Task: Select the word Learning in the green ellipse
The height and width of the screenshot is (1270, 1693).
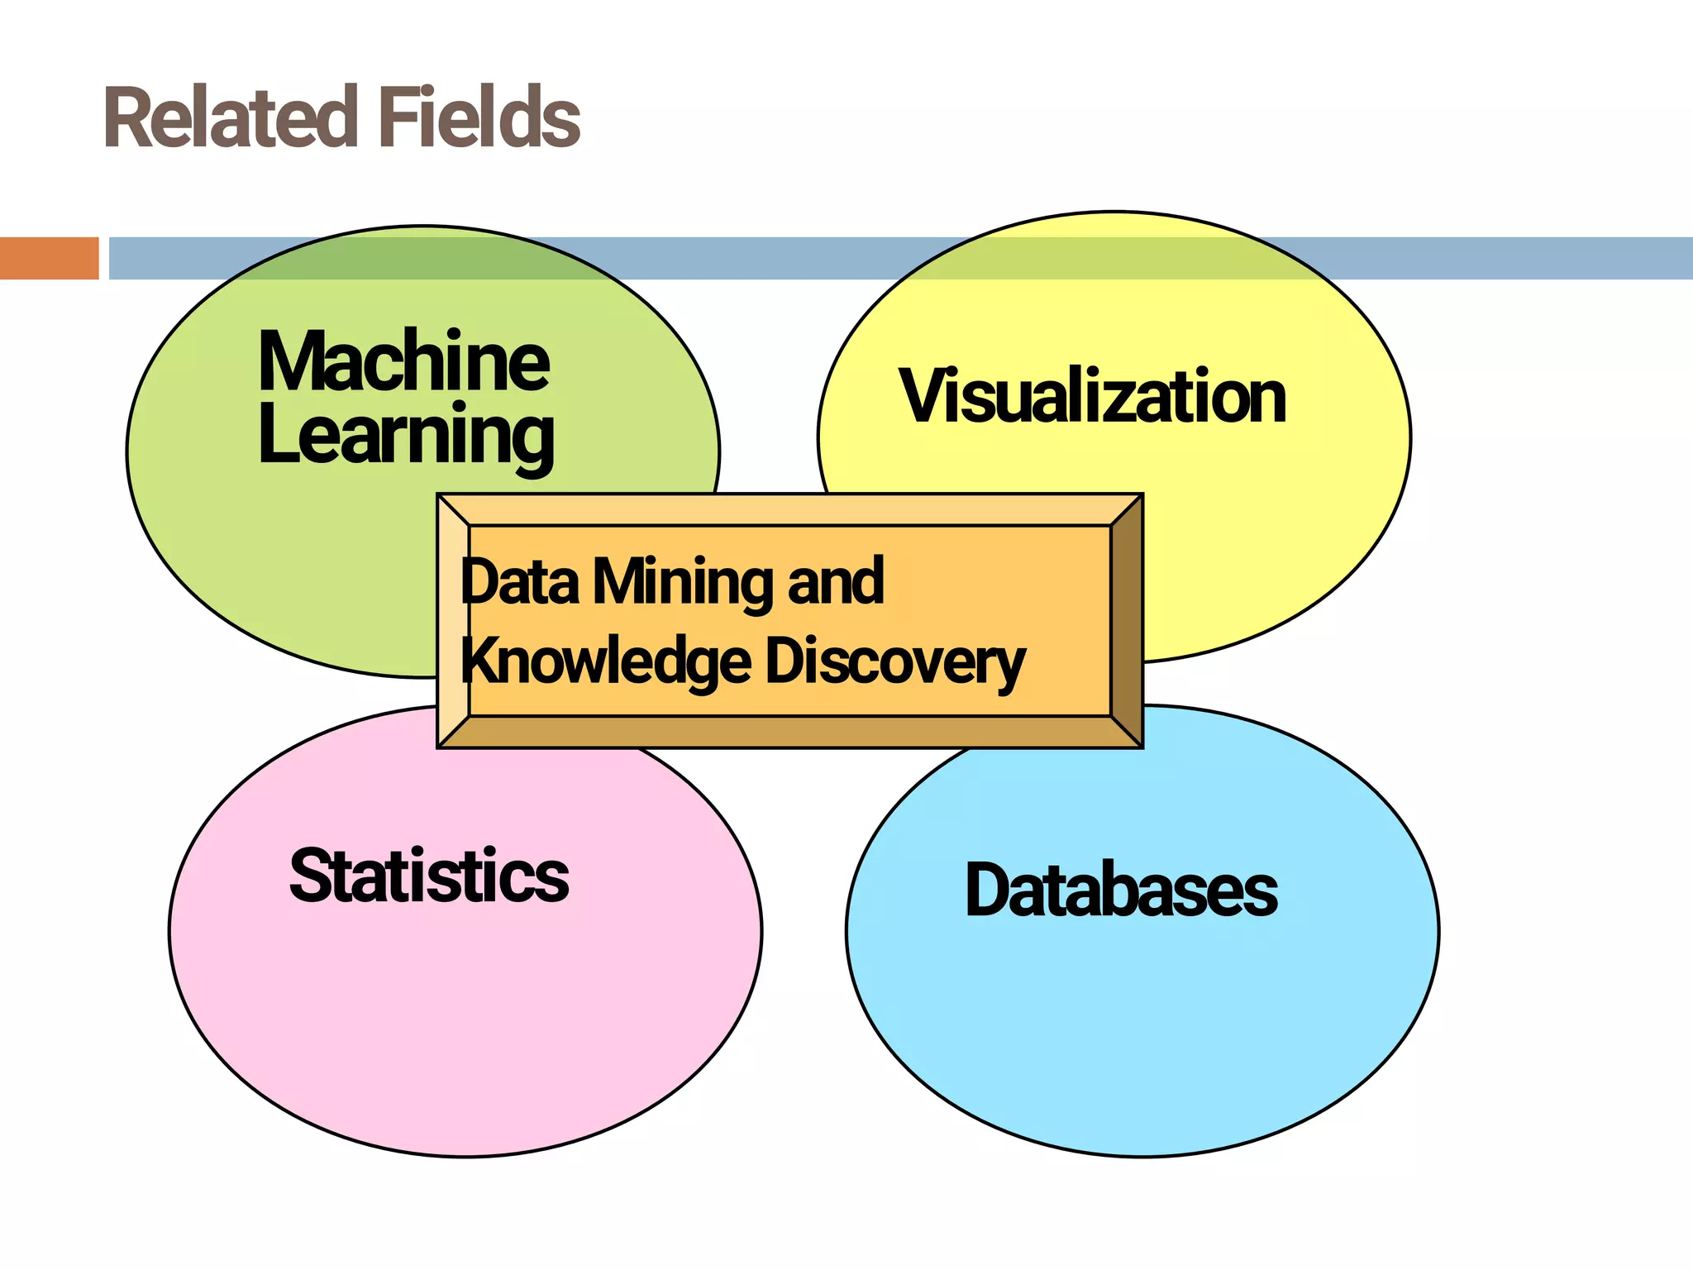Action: click(405, 436)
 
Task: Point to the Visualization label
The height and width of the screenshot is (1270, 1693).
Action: click(1093, 397)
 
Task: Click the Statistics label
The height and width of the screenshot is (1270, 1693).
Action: click(429, 876)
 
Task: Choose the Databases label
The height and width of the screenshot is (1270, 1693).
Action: click(1121, 890)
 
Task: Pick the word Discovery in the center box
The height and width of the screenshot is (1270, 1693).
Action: click(895, 662)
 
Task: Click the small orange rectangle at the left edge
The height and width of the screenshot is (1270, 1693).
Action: click(49, 258)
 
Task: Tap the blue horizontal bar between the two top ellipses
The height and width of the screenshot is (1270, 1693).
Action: click(769, 258)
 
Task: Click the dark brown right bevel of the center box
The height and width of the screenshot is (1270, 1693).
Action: click(1127, 620)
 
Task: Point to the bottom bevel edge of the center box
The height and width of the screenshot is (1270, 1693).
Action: click(789, 732)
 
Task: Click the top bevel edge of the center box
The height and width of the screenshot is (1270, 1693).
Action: click(789, 509)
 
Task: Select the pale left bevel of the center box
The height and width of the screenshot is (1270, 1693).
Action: click(453, 620)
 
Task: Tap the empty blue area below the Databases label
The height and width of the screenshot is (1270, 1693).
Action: click(1141, 1034)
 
